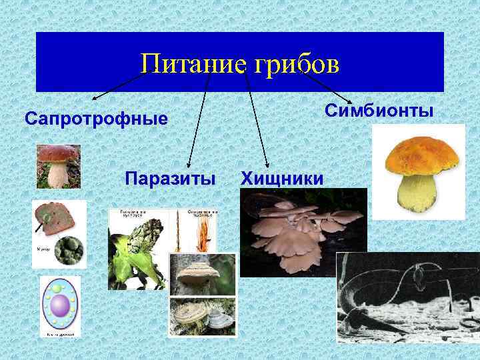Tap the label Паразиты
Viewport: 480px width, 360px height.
[170, 178]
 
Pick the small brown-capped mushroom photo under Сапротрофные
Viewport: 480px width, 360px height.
[59, 166]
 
